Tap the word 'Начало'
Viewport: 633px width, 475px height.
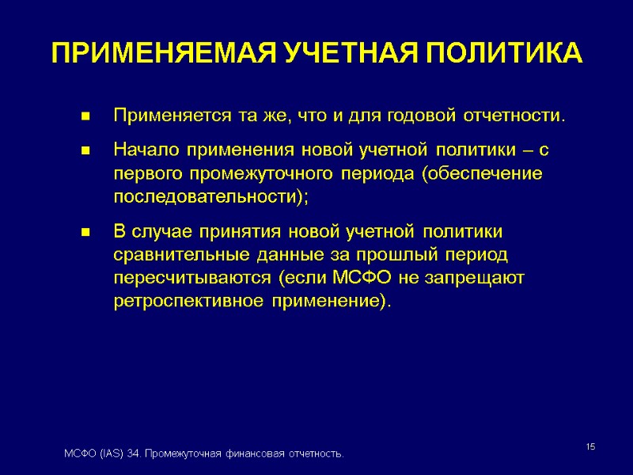pos(145,150)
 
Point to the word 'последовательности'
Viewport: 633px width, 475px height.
pos(204,197)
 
